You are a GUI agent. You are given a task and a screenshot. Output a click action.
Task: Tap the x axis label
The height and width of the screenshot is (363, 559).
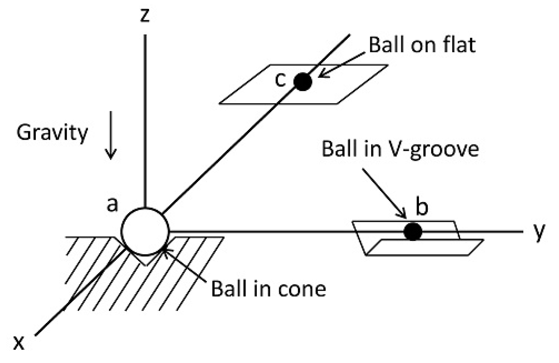point(19,343)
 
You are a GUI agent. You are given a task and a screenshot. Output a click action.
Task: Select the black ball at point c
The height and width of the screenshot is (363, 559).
point(302,82)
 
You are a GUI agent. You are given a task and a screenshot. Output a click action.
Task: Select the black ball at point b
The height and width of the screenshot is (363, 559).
point(413,231)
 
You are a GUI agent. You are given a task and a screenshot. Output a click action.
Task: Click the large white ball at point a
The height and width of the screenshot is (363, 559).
point(145,232)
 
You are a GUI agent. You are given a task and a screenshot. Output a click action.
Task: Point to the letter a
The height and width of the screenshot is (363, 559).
point(112,204)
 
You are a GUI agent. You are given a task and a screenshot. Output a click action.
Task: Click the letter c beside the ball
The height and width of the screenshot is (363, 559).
point(280,80)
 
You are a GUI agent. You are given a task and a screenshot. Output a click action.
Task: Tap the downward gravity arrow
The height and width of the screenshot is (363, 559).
point(111,135)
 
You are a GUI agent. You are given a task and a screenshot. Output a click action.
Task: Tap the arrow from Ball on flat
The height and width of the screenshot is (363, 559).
point(342,64)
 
